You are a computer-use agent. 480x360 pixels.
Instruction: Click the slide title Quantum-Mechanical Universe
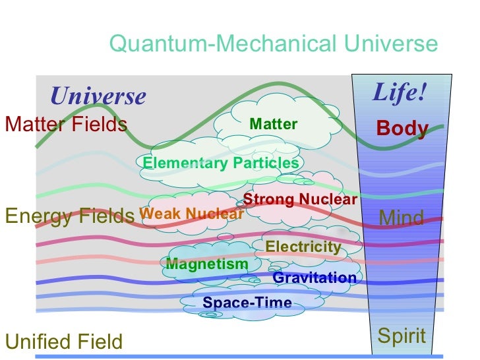pyautogui.click(x=273, y=44)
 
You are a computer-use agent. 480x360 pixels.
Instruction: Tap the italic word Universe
pyautogui.click(x=98, y=96)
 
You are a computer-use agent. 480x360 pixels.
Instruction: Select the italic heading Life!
pyautogui.click(x=400, y=92)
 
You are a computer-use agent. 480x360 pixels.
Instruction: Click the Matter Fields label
pyautogui.click(x=66, y=124)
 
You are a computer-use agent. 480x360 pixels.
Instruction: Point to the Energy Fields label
pyautogui.click(x=69, y=216)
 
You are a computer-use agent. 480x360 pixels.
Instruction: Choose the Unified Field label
pyautogui.click(x=63, y=342)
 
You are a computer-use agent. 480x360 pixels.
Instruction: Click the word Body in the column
pyautogui.click(x=402, y=129)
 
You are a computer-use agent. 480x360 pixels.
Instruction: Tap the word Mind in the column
pyautogui.click(x=402, y=218)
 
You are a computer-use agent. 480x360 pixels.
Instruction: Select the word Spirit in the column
pyautogui.click(x=402, y=336)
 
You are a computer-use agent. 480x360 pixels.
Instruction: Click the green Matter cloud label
pyautogui.click(x=274, y=124)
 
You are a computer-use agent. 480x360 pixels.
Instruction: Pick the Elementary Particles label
pyautogui.click(x=221, y=163)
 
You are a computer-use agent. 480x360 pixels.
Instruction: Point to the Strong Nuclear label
pyautogui.click(x=301, y=199)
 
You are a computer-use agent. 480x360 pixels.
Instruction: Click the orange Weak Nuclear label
pyautogui.click(x=192, y=214)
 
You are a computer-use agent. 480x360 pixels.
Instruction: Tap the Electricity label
pyautogui.click(x=303, y=247)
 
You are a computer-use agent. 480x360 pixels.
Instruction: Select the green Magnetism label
pyautogui.click(x=207, y=264)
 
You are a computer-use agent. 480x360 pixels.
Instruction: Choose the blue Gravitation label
pyautogui.click(x=315, y=278)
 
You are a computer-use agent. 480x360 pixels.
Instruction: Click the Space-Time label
pyautogui.click(x=247, y=303)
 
